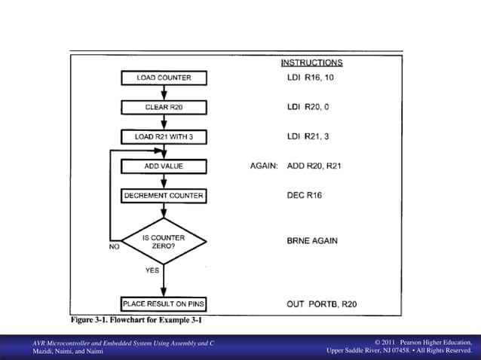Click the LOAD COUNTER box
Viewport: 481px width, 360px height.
click(x=164, y=78)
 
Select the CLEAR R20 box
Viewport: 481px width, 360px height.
click(x=164, y=107)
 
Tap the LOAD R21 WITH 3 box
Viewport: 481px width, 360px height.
click(x=164, y=136)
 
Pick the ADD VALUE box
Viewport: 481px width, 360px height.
click(x=164, y=166)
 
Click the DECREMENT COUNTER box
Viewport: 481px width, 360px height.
click(x=164, y=196)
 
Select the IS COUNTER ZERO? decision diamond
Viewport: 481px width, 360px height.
click(x=164, y=242)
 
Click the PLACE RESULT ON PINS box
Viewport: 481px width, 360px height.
click(x=164, y=304)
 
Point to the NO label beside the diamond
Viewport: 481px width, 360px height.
click(x=115, y=246)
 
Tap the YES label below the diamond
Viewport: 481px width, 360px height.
click(x=152, y=270)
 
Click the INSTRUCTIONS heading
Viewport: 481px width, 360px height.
click(x=311, y=63)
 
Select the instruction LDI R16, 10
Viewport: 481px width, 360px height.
click(x=311, y=78)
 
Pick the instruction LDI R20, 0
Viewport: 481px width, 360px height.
click(x=308, y=107)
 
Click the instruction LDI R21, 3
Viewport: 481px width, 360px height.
click(x=308, y=136)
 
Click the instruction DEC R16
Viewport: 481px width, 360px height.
click(x=305, y=196)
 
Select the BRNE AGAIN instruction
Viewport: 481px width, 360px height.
click(x=312, y=241)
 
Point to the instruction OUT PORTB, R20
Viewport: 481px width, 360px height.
click(x=321, y=304)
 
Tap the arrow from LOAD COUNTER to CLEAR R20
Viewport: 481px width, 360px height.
click(x=164, y=92)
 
